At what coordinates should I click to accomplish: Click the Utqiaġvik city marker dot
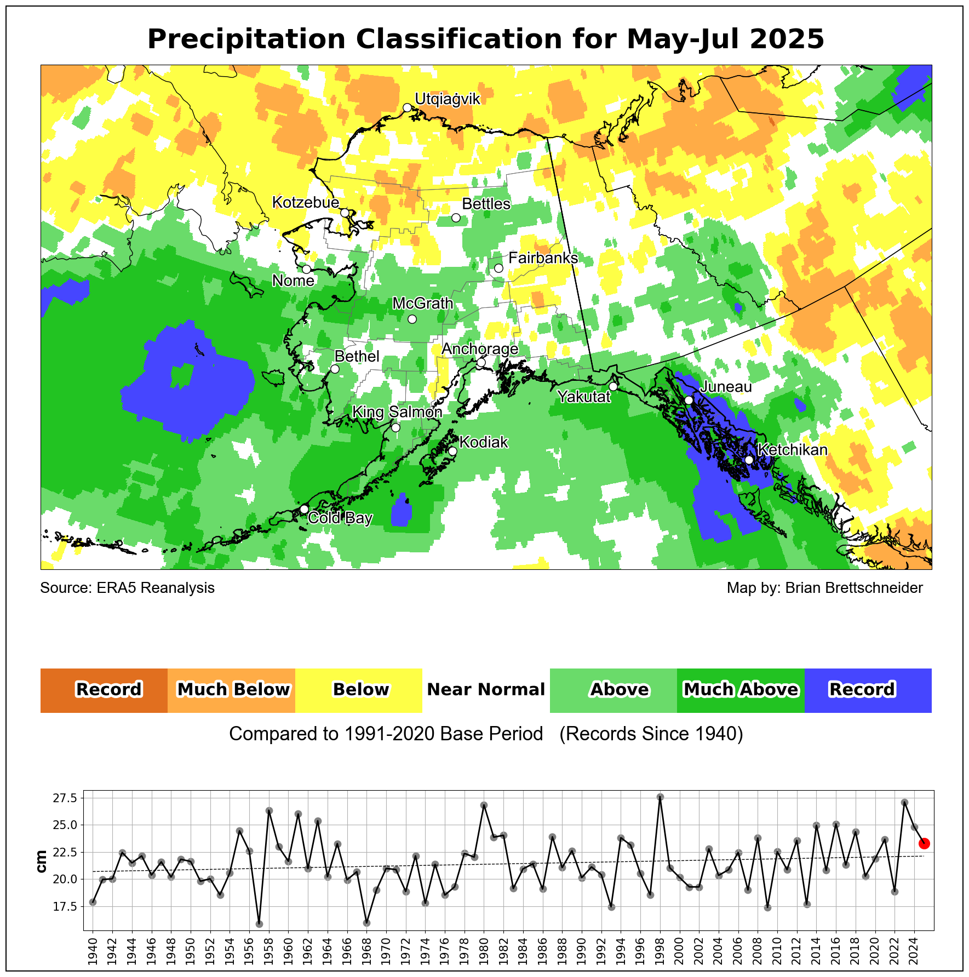click(407, 107)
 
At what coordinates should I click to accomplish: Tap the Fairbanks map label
click(543, 258)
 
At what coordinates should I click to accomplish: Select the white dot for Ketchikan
click(749, 460)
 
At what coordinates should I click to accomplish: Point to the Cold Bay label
click(340, 518)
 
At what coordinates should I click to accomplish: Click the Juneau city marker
click(689, 400)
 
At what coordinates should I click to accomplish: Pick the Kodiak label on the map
click(484, 442)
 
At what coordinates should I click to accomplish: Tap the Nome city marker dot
click(307, 269)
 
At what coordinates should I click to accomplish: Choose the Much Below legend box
click(232, 690)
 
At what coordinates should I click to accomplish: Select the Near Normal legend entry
click(486, 690)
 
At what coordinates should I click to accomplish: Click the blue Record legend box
click(868, 690)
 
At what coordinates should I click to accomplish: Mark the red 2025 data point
click(924, 843)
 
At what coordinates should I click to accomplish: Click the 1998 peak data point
click(660, 797)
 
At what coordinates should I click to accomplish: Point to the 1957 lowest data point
click(259, 924)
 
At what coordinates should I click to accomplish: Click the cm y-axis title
click(41, 861)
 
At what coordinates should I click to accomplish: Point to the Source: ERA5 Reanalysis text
click(128, 588)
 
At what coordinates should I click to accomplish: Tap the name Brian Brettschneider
click(854, 588)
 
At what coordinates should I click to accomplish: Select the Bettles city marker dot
click(456, 218)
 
